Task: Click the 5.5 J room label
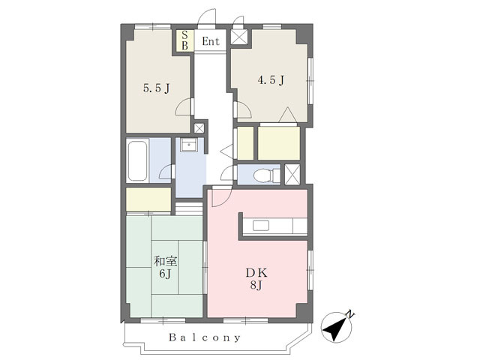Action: [157, 88]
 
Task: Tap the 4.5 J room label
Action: [271, 80]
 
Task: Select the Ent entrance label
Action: [211, 41]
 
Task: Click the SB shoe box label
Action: [184, 40]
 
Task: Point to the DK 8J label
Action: [256, 278]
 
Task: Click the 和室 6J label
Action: [165, 268]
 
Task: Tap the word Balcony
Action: [205, 337]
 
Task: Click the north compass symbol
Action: [336, 327]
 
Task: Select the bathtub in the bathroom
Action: [137, 160]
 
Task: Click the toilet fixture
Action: [266, 175]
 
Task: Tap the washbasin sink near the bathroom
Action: [188, 145]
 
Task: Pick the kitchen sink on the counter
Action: [261, 226]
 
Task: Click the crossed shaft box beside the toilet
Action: [292, 174]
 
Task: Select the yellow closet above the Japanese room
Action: [148, 199]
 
